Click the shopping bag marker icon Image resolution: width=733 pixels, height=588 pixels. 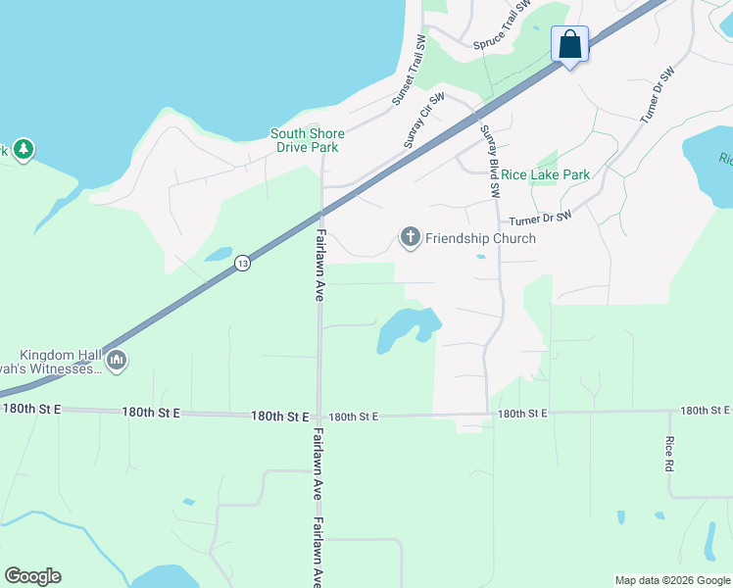(x=570, y=44)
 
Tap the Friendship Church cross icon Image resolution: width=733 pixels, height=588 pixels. (x=410, y=237)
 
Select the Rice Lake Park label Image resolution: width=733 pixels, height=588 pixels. (x=546, y=174)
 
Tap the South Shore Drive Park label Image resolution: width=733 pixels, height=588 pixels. (x=308, y=140)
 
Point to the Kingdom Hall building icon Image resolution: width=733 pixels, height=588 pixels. (x=117, y=361)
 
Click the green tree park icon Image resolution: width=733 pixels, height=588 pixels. (x=24, y=150)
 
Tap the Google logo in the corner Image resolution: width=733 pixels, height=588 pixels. (x=32, y=576)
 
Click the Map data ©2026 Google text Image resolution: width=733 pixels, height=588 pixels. (x=671, y=580)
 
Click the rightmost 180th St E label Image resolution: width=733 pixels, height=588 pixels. (x=706, y=411)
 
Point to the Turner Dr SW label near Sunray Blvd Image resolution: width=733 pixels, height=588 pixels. (x=540, y=220)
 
